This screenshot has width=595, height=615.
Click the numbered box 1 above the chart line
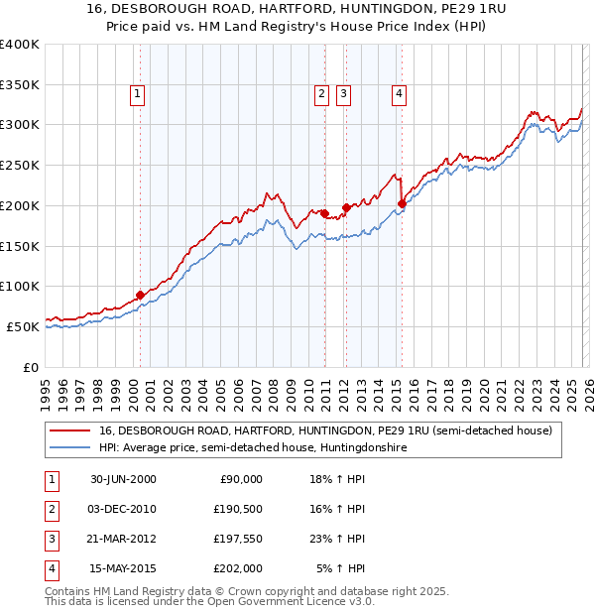[136, 94]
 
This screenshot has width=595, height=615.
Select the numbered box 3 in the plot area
[343, 94]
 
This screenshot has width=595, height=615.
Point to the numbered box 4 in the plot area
[399, 94]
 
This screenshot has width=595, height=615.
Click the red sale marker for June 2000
[140, 295]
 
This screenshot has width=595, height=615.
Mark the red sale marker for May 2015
[402, 204]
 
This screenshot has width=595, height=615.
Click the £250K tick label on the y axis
[20, 165]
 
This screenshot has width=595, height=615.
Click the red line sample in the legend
[70, 430]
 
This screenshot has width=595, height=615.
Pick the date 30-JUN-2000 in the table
[123, 479]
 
